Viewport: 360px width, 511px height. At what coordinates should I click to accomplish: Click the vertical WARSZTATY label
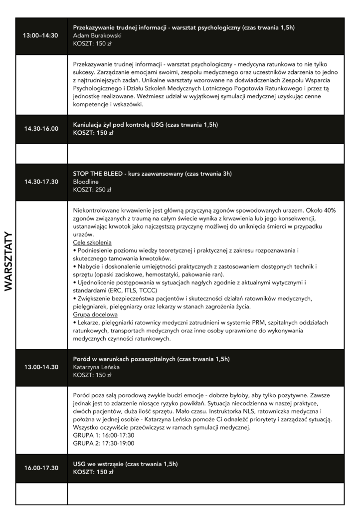point(9,261)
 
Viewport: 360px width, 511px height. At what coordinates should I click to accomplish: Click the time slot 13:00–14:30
point(41,36)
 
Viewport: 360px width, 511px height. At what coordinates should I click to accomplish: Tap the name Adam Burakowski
point(97,36)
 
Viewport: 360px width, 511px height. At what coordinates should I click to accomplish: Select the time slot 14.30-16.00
point(41,129)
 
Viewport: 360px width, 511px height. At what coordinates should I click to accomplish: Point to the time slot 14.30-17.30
point(41,182)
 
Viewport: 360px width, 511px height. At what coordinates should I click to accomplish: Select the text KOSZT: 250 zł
point(92,190)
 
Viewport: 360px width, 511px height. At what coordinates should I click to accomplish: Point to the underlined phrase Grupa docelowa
point(95,315)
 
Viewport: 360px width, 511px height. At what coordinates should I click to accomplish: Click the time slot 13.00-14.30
point(41,367)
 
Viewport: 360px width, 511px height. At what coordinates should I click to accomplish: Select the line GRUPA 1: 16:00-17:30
point(103,435)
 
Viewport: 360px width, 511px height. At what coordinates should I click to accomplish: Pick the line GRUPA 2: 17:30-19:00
point(103,443)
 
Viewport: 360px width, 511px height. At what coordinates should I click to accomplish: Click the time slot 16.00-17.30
point(41,468)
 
